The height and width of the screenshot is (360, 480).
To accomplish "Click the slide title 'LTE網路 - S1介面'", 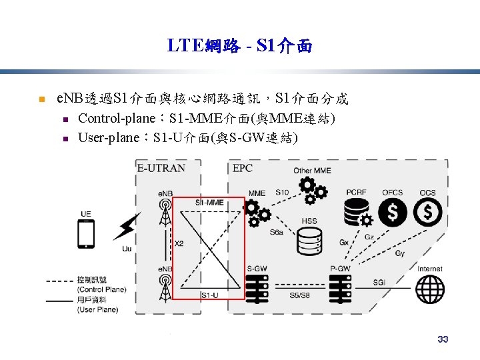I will tap(239, 46).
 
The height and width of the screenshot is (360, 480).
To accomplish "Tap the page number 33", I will tap(443, 339).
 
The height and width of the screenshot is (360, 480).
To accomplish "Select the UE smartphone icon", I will tap(86, 234).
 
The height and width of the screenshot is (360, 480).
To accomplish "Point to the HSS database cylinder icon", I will tap(310, 241).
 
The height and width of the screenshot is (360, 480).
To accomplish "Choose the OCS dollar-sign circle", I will tap(427, 212).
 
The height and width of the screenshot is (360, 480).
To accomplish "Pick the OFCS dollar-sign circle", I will tap(393, 212).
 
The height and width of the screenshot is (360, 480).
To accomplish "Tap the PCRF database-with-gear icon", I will tap(357, 213).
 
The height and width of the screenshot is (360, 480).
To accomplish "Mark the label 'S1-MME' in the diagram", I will tap(209, 202).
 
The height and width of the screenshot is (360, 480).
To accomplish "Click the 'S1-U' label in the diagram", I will tap(209, 295).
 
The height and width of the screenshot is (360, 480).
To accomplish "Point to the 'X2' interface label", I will tap(179, 244).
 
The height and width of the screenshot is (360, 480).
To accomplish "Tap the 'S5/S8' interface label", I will tap(299, 295).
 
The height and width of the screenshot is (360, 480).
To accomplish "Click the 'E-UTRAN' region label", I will tap(161, 168).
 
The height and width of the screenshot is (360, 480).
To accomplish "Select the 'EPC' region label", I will tap(242, 168).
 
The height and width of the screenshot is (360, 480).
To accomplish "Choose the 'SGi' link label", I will tap(379, 283).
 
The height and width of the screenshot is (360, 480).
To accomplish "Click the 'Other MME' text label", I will tap(312, 171).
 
